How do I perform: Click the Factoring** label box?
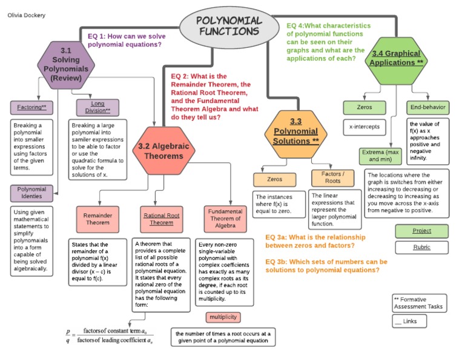32,107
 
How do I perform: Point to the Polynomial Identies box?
32,193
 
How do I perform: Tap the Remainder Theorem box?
97,219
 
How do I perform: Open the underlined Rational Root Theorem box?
162,219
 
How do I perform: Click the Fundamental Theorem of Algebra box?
225,219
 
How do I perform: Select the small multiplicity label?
223,317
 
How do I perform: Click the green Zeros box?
364,107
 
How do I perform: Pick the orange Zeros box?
274,179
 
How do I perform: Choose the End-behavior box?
427,107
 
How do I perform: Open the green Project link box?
421,231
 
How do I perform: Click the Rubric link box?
421,247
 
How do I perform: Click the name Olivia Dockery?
25,15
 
